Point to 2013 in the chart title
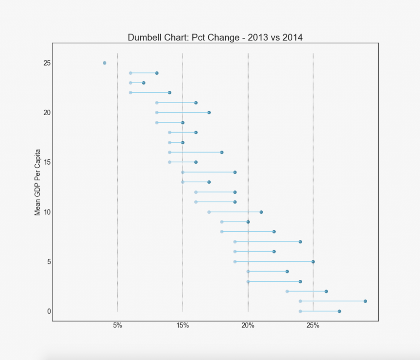(258, 37)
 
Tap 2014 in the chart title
(292, 37)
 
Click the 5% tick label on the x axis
(118, 326)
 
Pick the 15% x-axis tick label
(183, 326)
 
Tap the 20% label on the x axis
(248, 326)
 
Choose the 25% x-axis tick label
(313, 326)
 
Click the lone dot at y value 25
(104, 63)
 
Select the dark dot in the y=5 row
(313, 261)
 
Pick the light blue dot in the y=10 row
(209, 212)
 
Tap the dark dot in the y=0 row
(339, 311)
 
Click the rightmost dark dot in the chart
(365, 301)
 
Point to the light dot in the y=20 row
(156, 113)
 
